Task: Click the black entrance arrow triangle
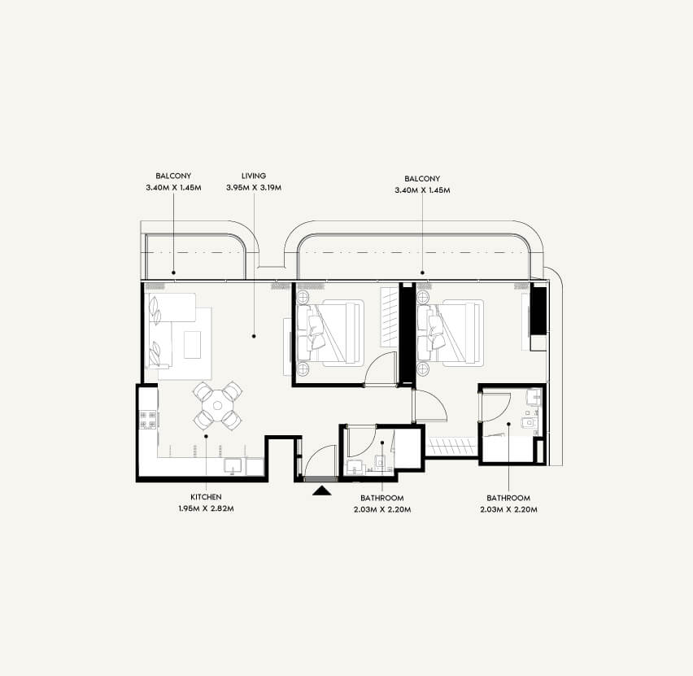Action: pos(322,491)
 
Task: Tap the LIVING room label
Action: pos(254,176)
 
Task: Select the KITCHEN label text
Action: pos(206,497)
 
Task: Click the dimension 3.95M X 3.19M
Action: pos(254,187)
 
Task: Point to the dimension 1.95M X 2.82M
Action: pos(206,508)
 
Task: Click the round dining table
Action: pos(217,405)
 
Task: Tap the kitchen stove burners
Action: pos(148,420)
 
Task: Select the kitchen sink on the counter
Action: pos(233,466)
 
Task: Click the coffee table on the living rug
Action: pos(192,345)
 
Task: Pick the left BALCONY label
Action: pos(173,176)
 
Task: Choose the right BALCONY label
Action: pos(422,179)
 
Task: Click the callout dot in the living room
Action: pos(254,337)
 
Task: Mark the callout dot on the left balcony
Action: pos(174,273)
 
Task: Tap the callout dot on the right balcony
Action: pos(422,273)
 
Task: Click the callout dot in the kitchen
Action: pos(206,436)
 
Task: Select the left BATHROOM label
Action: pos(381,498)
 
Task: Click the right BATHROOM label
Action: pos(508,498)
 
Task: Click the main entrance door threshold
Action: pos(320,479)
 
